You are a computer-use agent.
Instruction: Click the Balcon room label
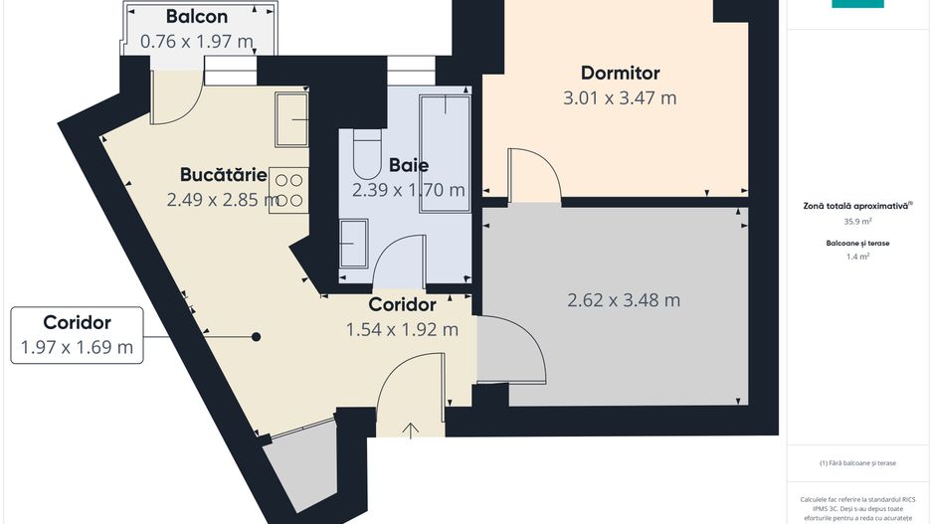[196, 17]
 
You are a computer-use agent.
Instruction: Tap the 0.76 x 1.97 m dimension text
[196, 42]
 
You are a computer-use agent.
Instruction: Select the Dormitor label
[620, 73]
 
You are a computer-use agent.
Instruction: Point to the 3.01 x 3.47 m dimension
[620, 97]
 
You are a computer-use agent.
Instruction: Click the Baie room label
[409, 165]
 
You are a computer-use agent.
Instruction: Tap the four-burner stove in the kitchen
[288, 191]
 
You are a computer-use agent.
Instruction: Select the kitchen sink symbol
[291, 118]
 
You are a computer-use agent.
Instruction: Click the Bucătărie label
[223, 175]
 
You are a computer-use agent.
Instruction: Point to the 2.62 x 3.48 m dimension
[624, 299]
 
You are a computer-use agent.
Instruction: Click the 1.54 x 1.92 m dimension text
[402, 329]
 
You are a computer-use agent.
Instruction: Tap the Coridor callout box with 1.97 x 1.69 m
[77, 335]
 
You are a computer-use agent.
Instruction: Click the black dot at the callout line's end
[256, 337]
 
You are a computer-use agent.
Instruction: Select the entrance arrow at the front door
[411, 430]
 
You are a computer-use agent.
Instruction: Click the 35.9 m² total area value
[857, 222]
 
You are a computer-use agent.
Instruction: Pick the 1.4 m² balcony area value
[857, 256]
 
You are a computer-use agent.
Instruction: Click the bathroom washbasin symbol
[353, 243]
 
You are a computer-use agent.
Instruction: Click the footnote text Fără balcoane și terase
[857, 463]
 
